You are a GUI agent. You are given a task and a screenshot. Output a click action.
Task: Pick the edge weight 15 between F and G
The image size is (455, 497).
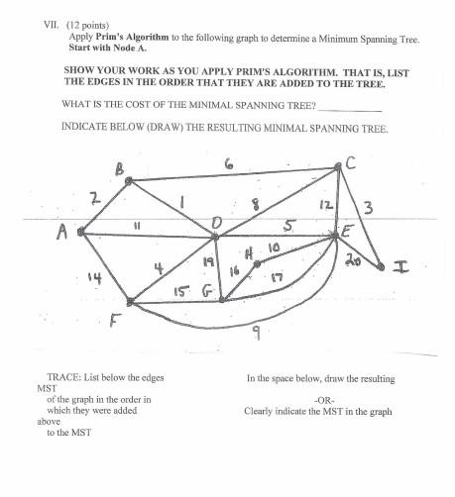tap(180, 291)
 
